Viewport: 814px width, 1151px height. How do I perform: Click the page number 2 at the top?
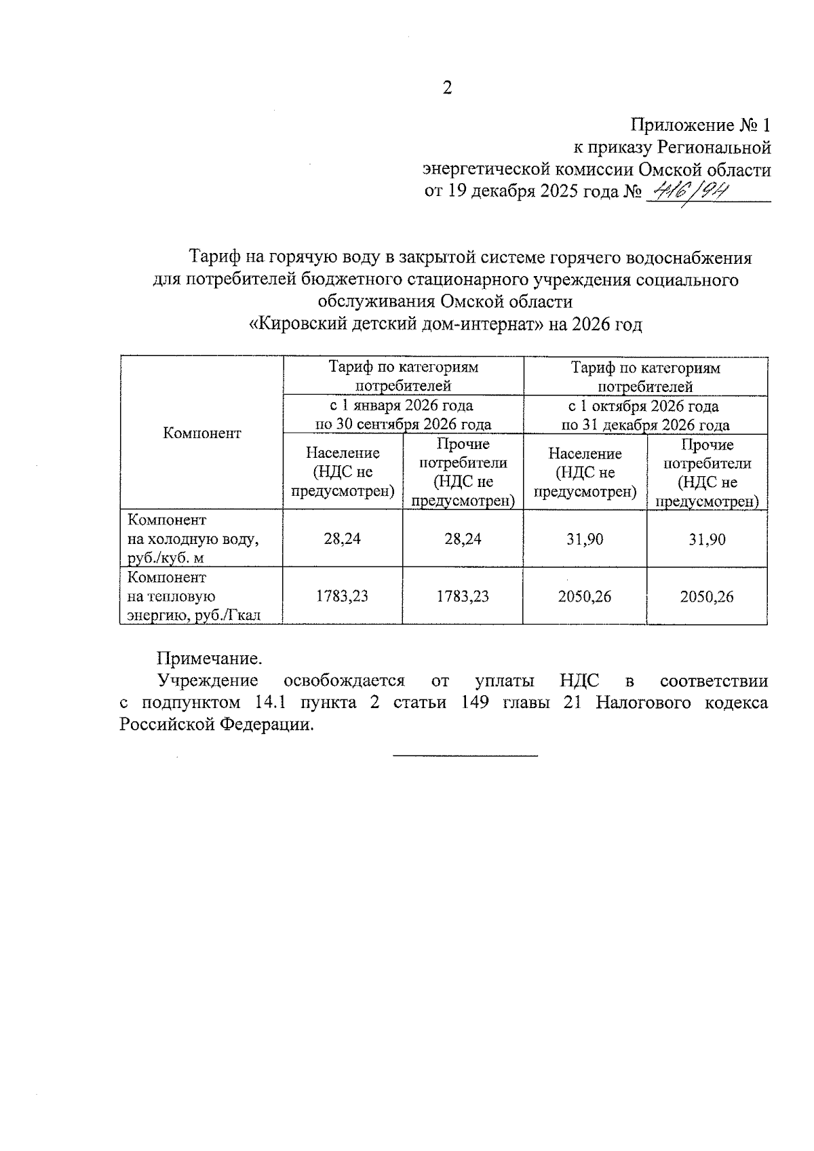pyautogui.click(x=447, y=88)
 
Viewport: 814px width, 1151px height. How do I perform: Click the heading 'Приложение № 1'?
pyautogui.click(x=701, y=125)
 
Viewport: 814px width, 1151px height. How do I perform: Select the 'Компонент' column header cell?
pyautogui.click(x=201, y=433)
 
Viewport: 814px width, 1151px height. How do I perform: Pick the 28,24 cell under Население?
pyautogui.click(x=343, y=539)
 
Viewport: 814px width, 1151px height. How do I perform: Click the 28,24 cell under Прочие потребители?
pyautogui.click(x=463, y=539)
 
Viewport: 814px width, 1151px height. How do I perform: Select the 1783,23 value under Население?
pyautogui.click(x=343, y=596)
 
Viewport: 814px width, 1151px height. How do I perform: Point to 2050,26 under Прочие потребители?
pyautogui.click(x=707, y=597)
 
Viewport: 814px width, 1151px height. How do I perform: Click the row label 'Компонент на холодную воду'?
pyautogui.click(x=193, y=539)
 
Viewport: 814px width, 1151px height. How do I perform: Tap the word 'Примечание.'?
pyautogui.click(x=209, y=659)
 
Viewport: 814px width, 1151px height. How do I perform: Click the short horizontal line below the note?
pyautogui.click(x=465, y=755)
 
